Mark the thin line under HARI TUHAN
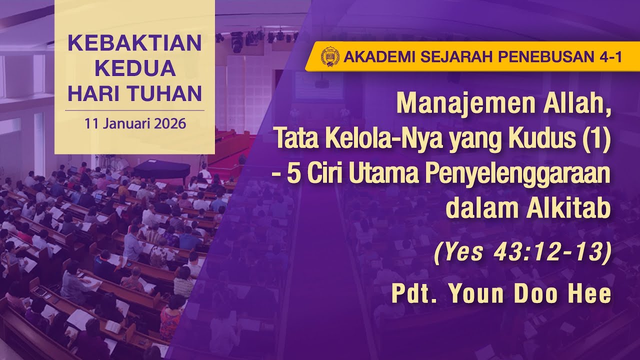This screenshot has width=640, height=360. (134, 110)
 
